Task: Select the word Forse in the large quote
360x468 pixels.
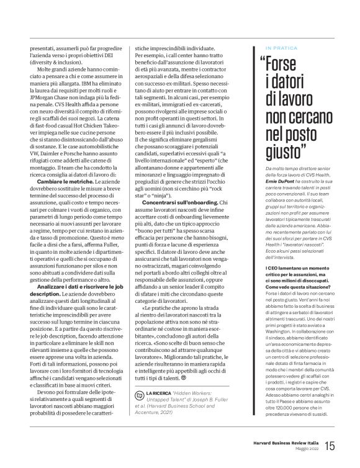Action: pyautogui.click(x=292, y=63)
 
